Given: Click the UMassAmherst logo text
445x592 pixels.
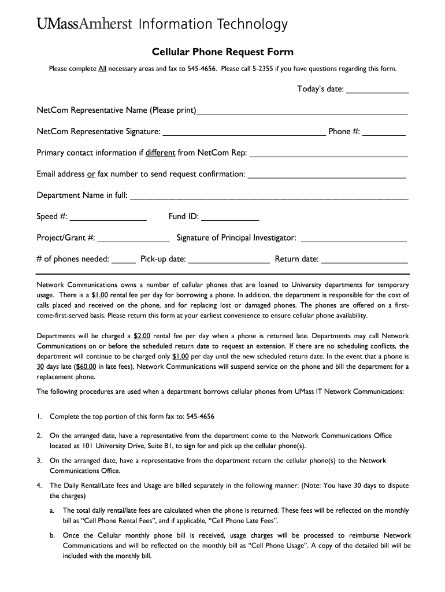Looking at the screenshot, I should tap(86, 24).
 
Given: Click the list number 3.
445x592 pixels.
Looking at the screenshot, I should tap(39, 461).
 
